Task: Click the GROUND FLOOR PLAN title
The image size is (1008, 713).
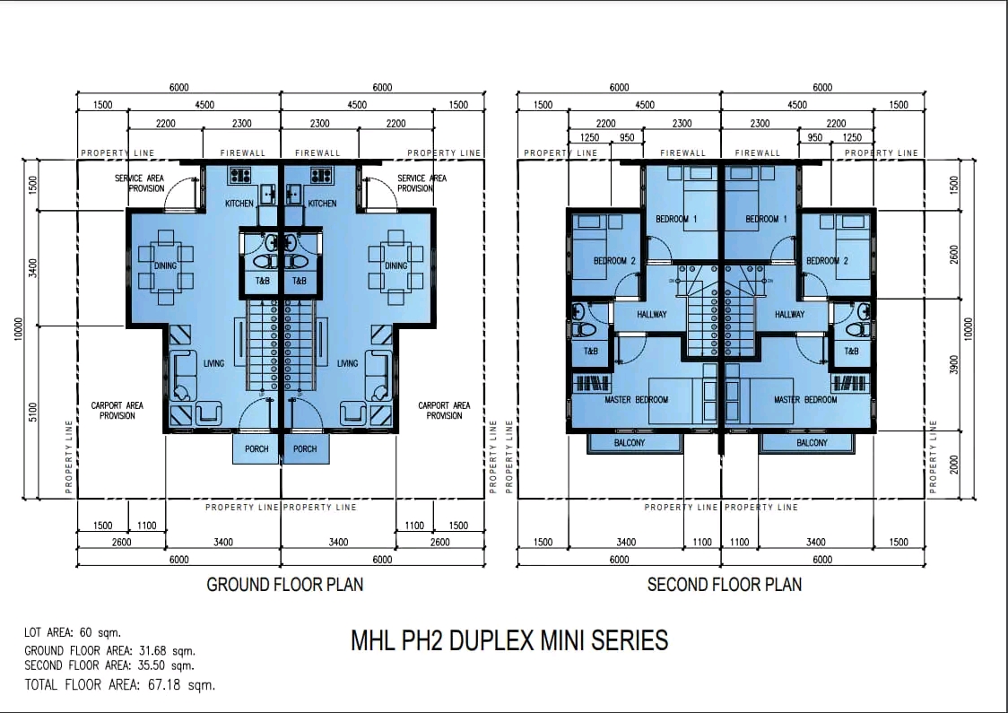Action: pos(284,585)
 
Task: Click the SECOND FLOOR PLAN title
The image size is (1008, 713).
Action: pos(724,585)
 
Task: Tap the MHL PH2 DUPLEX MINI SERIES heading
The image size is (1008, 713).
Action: pos(508,640)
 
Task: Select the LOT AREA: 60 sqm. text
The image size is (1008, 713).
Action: pos(73,633)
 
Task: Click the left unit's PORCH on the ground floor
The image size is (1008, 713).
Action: pos(256,449)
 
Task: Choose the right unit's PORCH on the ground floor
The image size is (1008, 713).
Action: pos(305,449)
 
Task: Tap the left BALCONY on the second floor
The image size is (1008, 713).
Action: pos(630,443)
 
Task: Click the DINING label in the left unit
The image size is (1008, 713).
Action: pos(166,266)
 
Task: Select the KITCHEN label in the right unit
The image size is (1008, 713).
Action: pos(322,204)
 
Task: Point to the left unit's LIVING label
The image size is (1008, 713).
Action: pos(213,363)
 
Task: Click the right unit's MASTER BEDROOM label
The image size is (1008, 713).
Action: pos(805,400)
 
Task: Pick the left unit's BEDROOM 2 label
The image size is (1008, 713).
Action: pos(614,261)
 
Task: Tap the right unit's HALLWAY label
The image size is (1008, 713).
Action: pos(789,315)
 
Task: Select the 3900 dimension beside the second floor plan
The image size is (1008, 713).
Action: pos(954,365)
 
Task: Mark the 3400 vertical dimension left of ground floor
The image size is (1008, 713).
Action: pos(33,268)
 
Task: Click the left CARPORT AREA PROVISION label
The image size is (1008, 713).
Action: pos(117,411)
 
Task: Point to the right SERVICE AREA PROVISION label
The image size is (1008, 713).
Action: pos(421,183)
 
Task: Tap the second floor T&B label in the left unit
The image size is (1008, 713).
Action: pos(590,352)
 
